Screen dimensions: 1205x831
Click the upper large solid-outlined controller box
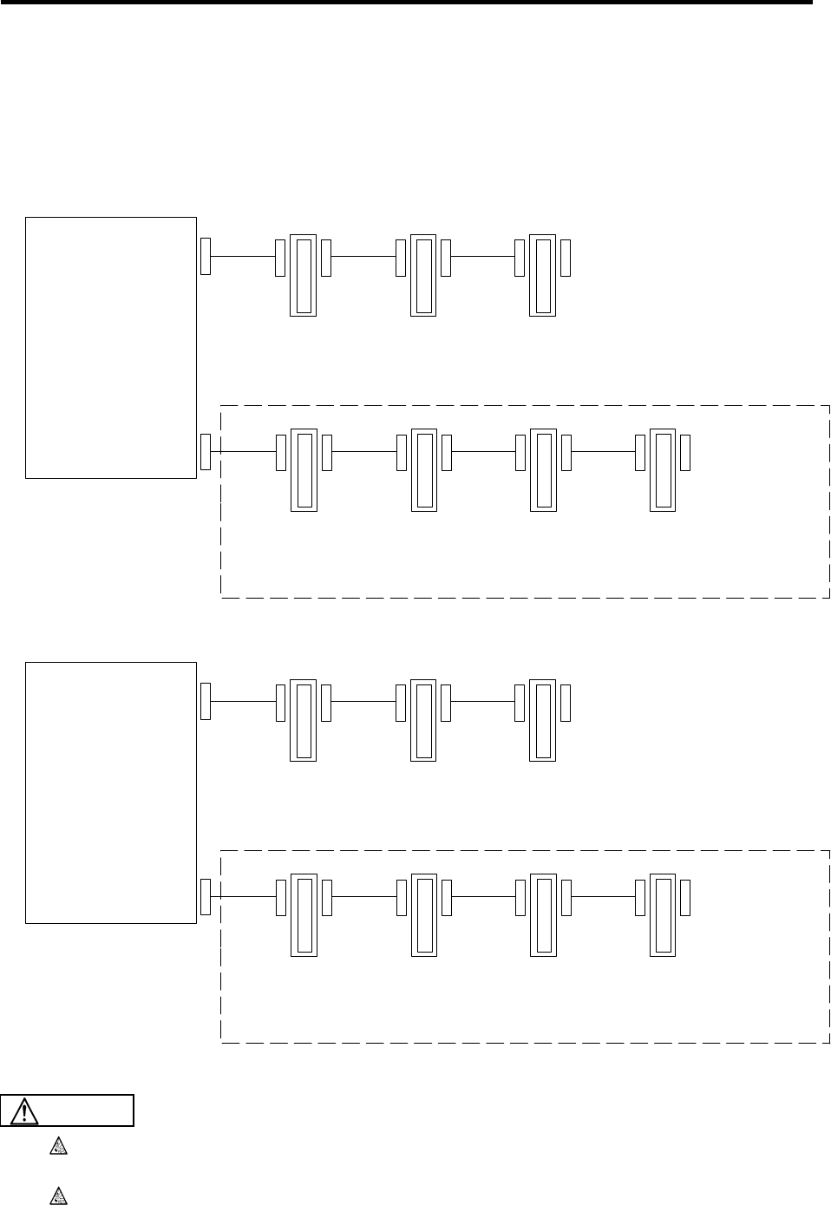click(x=111, y=347)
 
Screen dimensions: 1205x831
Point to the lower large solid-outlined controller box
click(x=111, y=792)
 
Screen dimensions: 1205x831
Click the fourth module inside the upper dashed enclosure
click(x=663, y=468)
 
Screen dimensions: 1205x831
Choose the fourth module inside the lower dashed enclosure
click(x=663, y=914)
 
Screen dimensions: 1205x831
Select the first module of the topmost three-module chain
click(x=303, y=274)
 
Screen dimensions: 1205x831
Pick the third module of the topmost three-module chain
click(x=542, y=274)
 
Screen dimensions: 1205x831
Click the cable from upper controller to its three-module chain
click(x=243, y=257)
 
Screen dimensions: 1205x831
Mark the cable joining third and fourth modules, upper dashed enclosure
click(x=602, y=451)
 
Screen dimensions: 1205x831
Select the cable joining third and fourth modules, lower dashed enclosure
click(x=602, y=897)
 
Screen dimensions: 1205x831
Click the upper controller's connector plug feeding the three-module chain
click(x=206, y=255)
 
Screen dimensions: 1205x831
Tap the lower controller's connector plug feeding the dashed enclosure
click(x=206, y=897)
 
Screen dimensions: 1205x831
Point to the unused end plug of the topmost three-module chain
click(x=566, y=255)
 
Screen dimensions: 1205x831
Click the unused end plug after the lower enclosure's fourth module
click(x=685, y=897)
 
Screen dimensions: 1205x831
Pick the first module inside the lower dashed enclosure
click(x=303, y=914)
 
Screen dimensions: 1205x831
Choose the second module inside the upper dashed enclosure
click(x=422, y=468)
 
